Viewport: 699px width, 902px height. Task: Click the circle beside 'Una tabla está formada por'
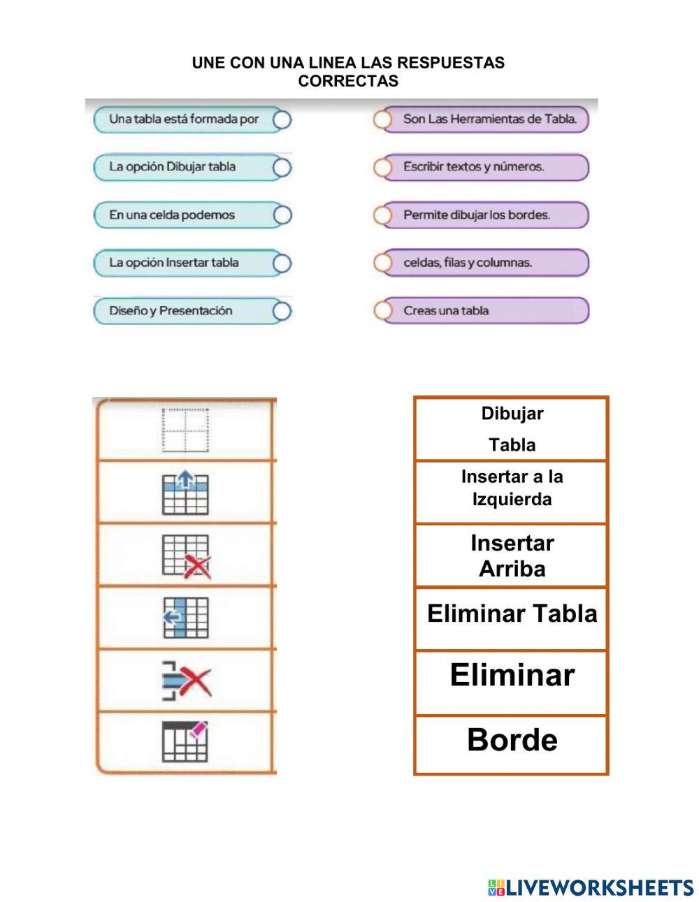pyautogui.click(x=282, y=119)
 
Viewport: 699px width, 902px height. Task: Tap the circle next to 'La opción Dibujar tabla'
pyautogui.click(x=282, y=168)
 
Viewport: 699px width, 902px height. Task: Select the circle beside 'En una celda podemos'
pyautogui.click(x=282, y=215)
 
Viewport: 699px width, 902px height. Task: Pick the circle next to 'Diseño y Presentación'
pyautogui.click(x=282, y=311)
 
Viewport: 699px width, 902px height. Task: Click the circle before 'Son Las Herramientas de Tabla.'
pyautogui.click(x=382, y=119)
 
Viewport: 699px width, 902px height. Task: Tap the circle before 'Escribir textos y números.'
pyautogui.click(x=382, y=168)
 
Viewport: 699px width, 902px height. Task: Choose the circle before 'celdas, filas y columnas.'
pyautogui.click(x=382, y=263)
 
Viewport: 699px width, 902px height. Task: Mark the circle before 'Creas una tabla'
pyautogui.click(x=382, y=311)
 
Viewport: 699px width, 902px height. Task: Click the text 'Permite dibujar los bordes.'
pyautogui.click(x=476, y=215)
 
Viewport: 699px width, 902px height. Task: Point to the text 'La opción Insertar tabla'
pyautogui.click(x=173, y=263)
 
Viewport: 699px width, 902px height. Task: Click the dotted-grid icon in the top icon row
pyautogui.click(x=185, y=430)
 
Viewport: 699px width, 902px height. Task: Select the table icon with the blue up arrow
pyautogui.click(x=185, y=493)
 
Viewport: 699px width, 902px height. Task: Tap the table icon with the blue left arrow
pyautogui.click(x=185, y=618)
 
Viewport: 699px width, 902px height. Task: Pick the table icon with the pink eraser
pyautogui.click(x=185, y=742)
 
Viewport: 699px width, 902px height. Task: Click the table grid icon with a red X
pyautogui.click(x=186, y=556)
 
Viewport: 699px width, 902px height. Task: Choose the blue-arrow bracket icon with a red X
pyautogui.click(x=186, y=681)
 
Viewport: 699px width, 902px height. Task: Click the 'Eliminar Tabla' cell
pyautogui.click(x=512, y=614)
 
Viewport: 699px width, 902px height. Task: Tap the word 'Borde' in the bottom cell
pyautogui.click(x=512, y=741)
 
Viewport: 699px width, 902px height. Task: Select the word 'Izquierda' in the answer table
pyautogui.click(x=512, y=500)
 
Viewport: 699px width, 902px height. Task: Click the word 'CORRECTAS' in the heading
pyautogui.click(x=348, y=81)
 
